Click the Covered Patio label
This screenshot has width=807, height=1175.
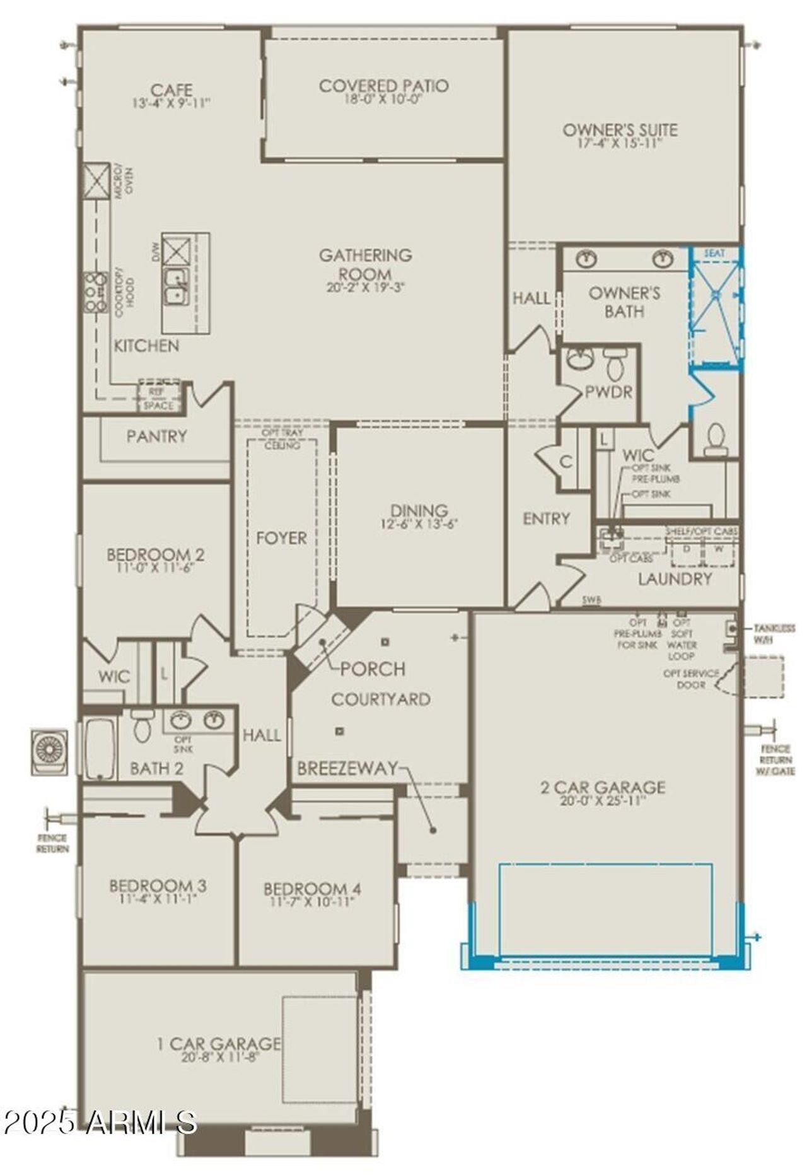coord(383,86)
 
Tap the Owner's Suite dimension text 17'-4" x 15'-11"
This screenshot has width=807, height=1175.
coord(620,143)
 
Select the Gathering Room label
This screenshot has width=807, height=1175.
coord(365,264)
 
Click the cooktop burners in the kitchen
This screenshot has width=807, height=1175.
coord(95,292)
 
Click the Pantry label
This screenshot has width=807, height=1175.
coord(156,436)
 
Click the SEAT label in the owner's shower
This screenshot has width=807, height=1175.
coord(714,253)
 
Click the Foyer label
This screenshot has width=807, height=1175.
coord(281,538)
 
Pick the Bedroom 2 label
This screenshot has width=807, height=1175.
coord(155,555)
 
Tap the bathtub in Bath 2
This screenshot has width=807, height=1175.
coord(100,749)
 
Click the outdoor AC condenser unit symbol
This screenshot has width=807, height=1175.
coord(49,752)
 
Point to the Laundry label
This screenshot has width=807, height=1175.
coord(675,578)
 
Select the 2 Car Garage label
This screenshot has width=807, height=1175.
coord(603,787)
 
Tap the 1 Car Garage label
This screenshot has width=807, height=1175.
coord(218,1044)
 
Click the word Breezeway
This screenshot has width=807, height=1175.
coord(347,768)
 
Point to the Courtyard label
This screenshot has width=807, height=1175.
coord(381,699)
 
